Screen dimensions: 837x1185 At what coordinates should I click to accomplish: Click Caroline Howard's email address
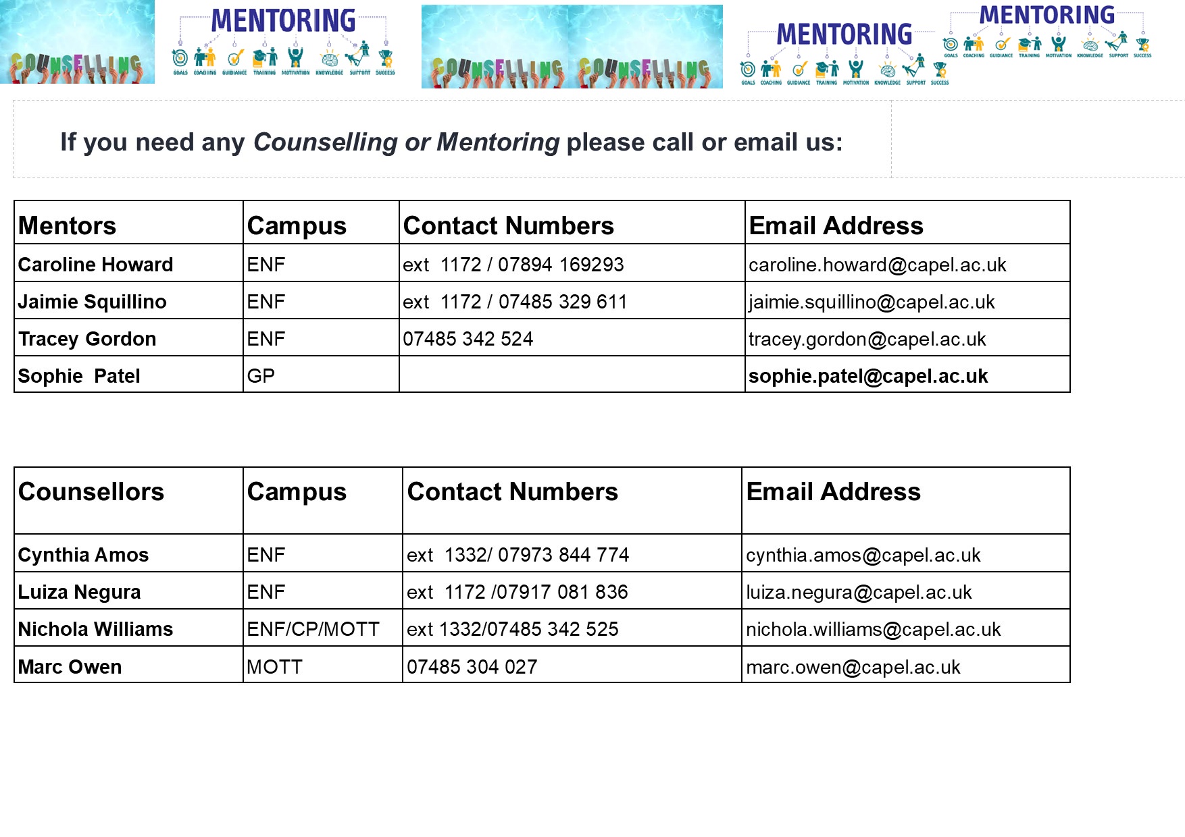[x=877, y=265]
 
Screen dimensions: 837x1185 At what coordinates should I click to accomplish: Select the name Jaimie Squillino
[x=92, y=302]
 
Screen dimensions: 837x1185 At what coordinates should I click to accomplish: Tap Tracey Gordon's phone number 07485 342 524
[x=468, y=339]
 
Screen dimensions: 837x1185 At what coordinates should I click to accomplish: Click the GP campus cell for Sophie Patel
[x=261, y=376]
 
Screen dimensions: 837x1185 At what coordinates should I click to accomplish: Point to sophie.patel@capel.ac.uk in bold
[x=867, y=376]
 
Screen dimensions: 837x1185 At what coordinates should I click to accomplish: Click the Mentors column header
[x=67, y=225]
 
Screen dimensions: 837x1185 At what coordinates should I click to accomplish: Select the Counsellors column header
[x=91, y=491]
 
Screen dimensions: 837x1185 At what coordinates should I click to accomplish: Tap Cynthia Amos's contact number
[x=518, y=555]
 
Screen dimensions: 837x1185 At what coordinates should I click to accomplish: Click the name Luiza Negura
[x=79, y=592]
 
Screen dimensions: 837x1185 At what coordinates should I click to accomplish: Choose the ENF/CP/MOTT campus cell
[x=313, y=629]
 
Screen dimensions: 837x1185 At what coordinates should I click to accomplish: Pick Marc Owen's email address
[x=853, y=667]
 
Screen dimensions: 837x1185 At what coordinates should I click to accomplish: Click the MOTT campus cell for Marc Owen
[x=274, y=667]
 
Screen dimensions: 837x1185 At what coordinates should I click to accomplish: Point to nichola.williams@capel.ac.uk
[x=873, y=629]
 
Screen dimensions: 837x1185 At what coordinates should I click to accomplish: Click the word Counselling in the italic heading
[x=325, y=142]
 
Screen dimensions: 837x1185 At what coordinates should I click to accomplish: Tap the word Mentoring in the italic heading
[x=498, y=142]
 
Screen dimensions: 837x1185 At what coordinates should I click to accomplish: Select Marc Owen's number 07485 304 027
[x=472, y=667]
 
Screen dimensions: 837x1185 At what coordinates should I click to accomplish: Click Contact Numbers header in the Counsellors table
[x=512, y=491]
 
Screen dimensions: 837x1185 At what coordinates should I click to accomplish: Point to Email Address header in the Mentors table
[x=836, y=225]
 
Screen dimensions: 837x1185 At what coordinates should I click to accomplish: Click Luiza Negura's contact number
[x=517, y=592]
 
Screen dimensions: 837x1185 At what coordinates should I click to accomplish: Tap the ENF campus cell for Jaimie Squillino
[x=266, y=302]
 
